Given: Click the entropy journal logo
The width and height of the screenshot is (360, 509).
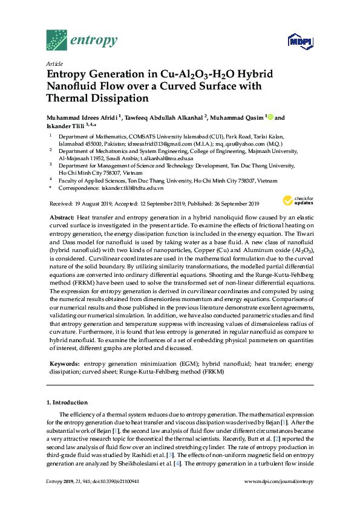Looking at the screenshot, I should pos(82,41).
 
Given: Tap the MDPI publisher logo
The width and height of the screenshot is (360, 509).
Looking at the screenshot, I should pos(299,42).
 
